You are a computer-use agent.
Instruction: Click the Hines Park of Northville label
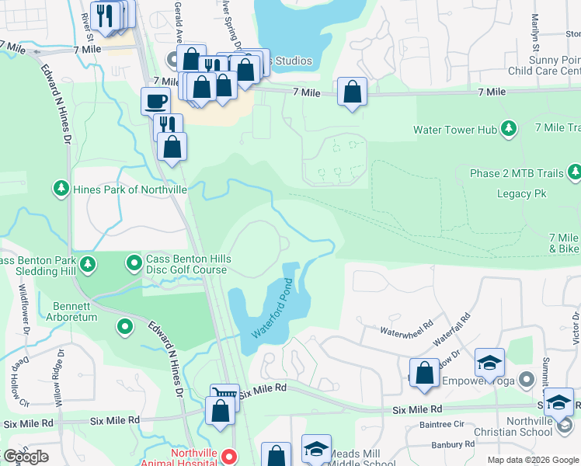[130, 189]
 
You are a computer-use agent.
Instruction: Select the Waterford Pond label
[273, 308]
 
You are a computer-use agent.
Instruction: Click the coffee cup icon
[155, 101]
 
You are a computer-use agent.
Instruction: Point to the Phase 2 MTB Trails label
[517, 172]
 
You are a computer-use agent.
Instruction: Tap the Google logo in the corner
[25, 457]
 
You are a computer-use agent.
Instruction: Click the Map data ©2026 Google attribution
[533, 460]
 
